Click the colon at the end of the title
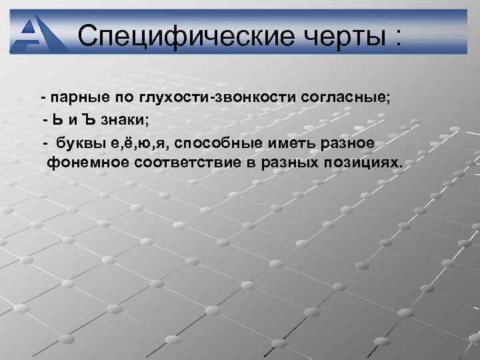pyautogui.click(x=398, y=35)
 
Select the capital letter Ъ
pyautogui.click(x=91, y=121)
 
